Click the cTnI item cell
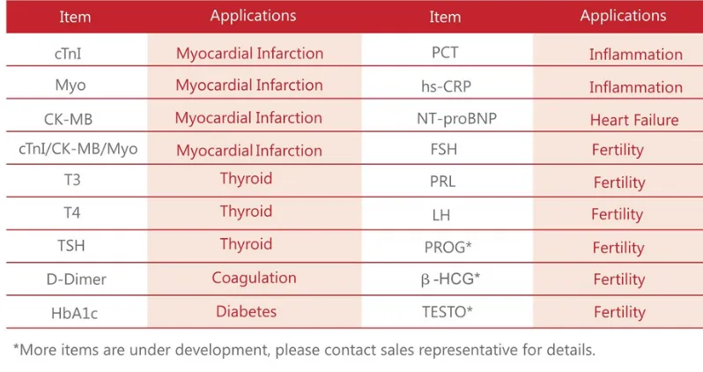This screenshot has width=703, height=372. tap(68, 54)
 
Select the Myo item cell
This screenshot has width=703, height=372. tap(70, 86)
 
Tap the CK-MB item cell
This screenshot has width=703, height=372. tap(68, 119)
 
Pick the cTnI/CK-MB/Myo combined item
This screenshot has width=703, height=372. tap(78, 149)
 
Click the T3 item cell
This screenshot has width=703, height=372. tap(72, 180)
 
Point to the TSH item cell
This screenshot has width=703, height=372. tap(70, 245)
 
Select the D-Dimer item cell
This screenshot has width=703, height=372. tap(77, 279)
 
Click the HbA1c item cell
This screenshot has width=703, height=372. tap(74, 313)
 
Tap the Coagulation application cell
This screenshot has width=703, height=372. tap(255, 279)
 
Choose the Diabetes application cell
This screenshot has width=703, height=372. tap(246, 311)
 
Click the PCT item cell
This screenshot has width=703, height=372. tap(445, 53)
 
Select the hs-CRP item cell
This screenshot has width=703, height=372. tap(446, 86)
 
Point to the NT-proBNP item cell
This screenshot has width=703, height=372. tap(457, 118)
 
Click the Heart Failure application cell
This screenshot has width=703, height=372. tap(634, 120)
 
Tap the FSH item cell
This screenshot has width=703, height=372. tap(444, 149)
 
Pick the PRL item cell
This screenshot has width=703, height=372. tap(442, 182)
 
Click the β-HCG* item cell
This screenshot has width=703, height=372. tap(450, 279)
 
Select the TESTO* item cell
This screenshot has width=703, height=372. tap(448, 311)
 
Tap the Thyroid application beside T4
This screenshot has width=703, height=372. tap(246, 212)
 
